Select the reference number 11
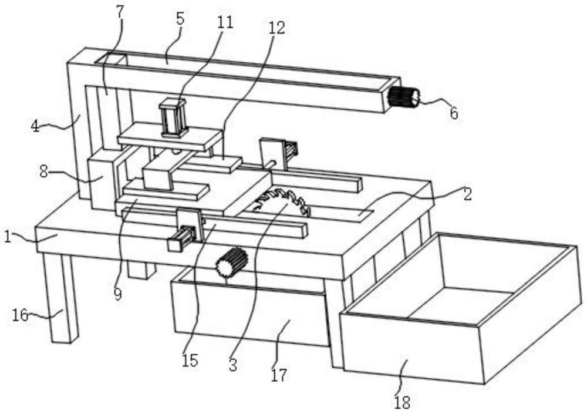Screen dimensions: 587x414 225,23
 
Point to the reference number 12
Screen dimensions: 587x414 276,28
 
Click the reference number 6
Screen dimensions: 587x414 454,113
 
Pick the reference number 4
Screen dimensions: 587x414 35,126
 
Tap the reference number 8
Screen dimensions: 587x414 44,172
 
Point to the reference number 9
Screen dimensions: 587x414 117,294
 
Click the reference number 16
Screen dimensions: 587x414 20,315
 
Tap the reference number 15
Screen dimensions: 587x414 190,361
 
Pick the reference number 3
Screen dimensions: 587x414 233,365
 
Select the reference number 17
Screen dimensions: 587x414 279,375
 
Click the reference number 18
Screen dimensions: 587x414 402,402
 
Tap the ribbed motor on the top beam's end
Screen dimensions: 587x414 404,97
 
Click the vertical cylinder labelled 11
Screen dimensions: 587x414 173,117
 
